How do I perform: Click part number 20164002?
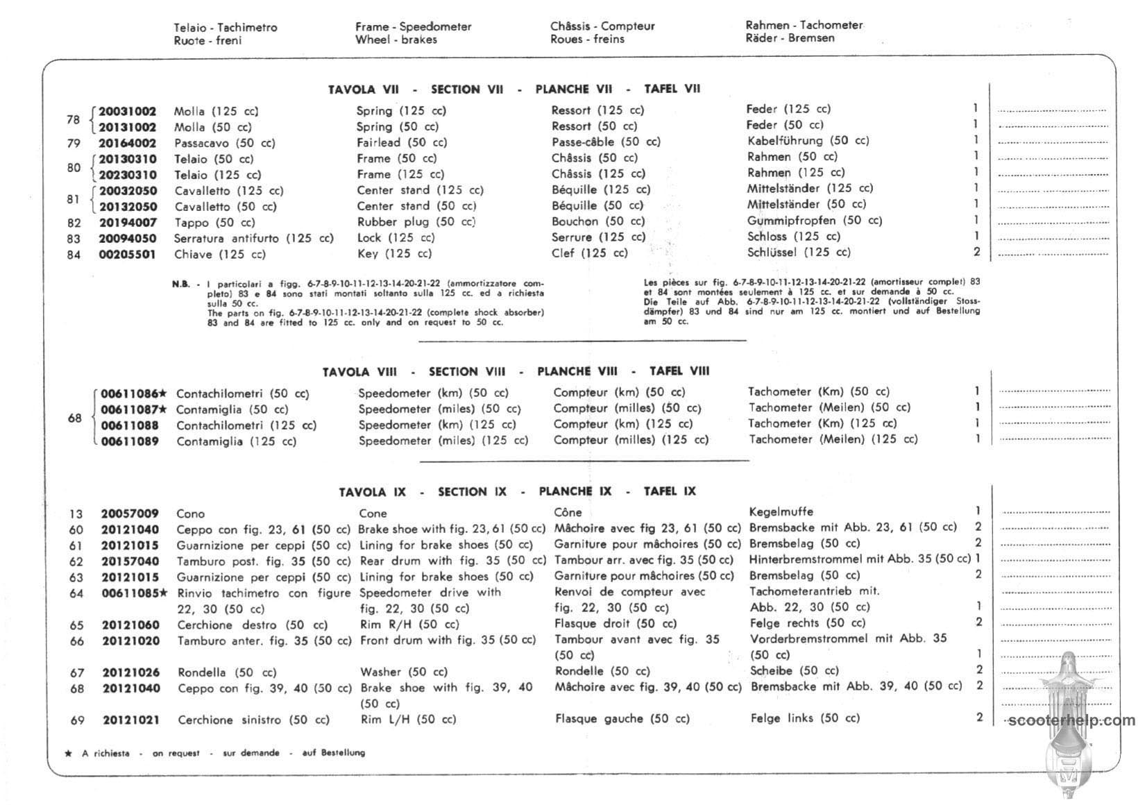point(127,143)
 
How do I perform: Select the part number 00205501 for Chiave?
point(127,255)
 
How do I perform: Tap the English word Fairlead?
point(378,142)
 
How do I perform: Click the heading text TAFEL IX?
point(670,491)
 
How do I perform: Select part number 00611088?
point(130,425)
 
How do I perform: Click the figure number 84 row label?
point(74,255)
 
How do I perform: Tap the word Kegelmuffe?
point(781,512)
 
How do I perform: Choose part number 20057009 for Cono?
point(130,514)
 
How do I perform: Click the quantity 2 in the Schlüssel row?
point(976,252)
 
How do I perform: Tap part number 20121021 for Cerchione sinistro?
point(131,720)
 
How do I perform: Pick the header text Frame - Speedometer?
point(413,27)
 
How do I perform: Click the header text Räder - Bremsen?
point(790,38)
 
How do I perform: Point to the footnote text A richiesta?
point(105,753)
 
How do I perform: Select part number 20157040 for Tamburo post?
point(130,561)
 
